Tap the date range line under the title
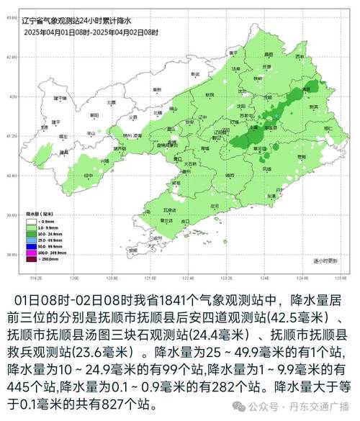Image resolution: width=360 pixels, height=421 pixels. (x=91, y=33)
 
